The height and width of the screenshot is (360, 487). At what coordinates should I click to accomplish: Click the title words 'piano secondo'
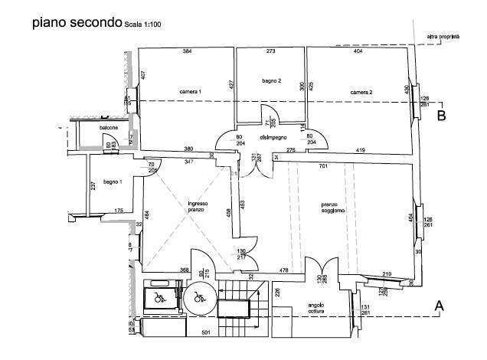point(76,22)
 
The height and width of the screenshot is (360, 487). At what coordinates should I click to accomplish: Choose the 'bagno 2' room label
point(271,80)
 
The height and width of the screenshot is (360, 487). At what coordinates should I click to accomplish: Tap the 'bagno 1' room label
point(113,182)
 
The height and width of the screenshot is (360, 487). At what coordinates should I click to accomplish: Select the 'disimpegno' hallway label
point(273,137)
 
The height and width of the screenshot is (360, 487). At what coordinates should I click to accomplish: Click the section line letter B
point(442,116)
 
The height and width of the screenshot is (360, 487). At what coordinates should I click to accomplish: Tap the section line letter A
point(440,306)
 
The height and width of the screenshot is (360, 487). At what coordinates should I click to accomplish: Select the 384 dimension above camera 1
point(187,51)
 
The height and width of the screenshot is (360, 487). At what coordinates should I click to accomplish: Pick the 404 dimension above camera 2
point(358,51)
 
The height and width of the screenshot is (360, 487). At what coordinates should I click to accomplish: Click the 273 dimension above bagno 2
point(270,51)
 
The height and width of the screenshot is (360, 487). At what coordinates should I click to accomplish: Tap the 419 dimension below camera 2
point(360,150)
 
